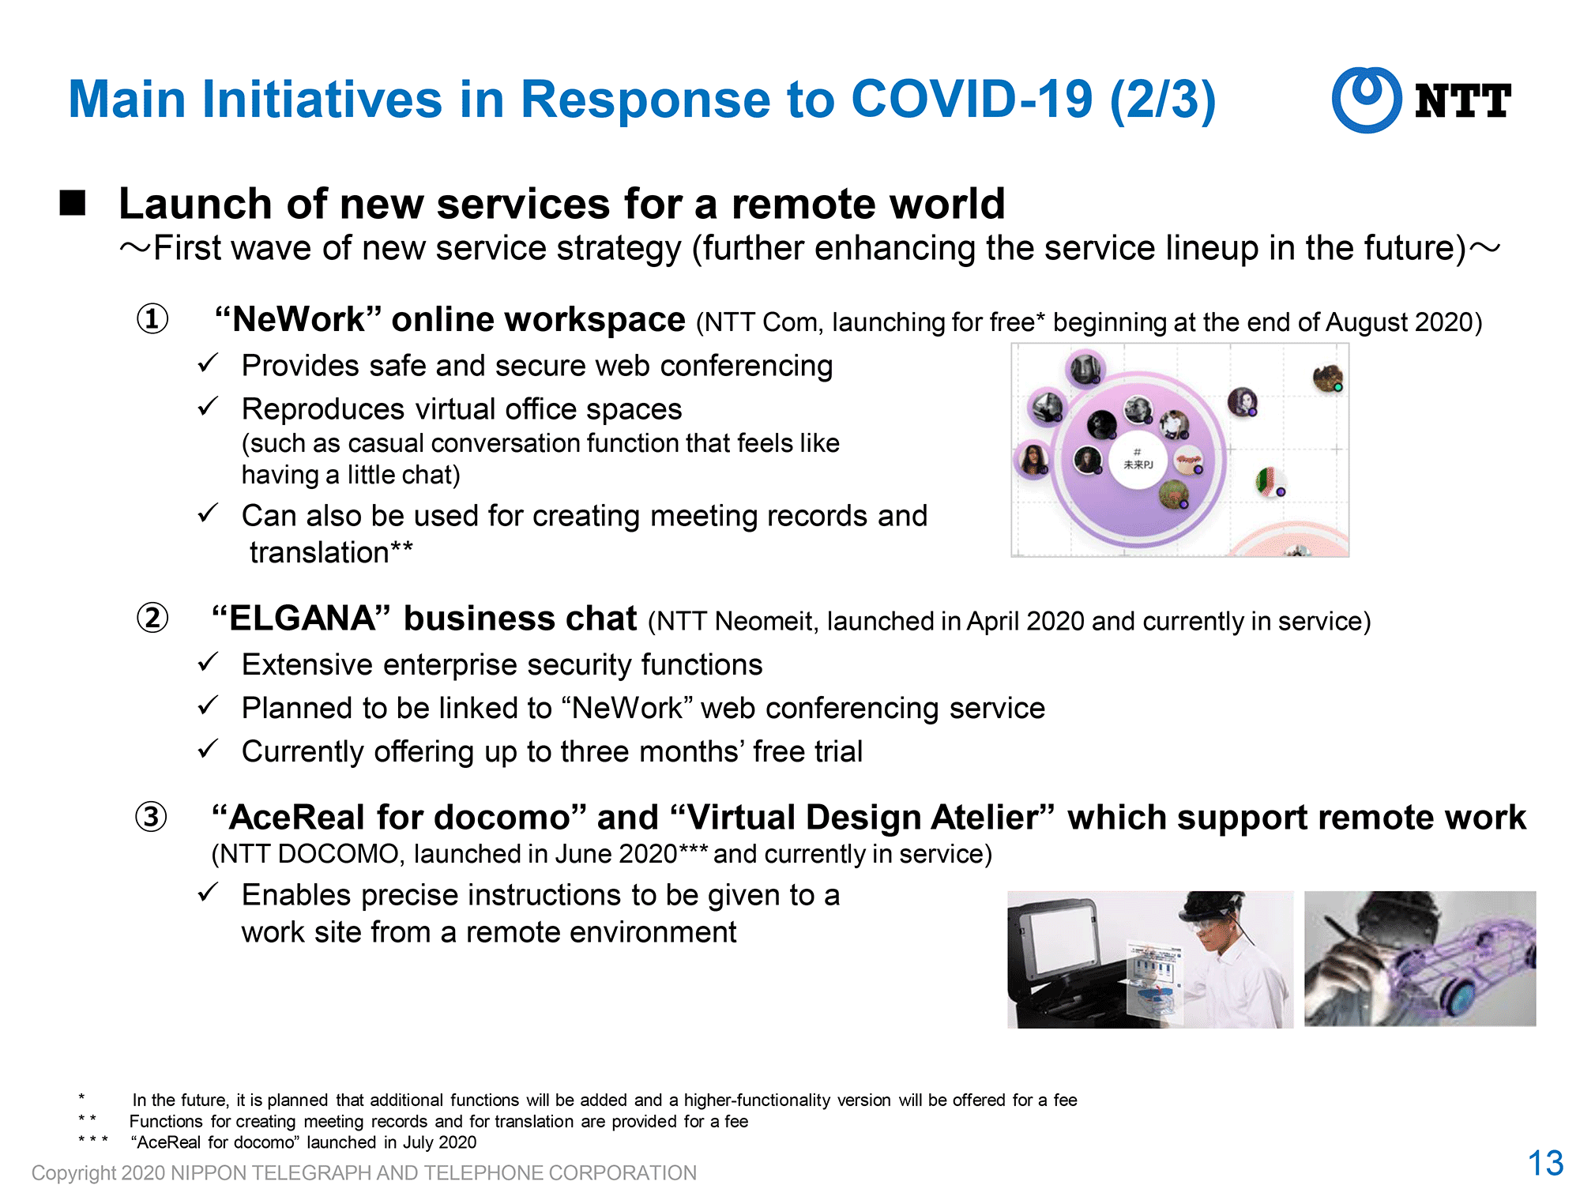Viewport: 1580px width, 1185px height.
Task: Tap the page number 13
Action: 1545,1163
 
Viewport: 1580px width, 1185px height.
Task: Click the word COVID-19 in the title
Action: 972,100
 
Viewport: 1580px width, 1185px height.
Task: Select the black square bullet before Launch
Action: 73,202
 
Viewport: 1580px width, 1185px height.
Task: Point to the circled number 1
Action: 152,319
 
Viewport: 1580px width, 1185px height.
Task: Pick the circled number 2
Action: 152,618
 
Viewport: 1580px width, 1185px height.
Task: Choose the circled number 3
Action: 151,817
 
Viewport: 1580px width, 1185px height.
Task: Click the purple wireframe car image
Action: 1420,959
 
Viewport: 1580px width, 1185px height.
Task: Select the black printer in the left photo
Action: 1066,968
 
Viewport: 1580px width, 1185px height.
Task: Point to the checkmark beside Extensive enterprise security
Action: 208,662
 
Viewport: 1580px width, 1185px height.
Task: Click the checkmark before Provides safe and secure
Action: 208,363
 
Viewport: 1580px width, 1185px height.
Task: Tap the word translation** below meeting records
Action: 331,552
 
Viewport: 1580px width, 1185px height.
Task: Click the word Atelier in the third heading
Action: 993,818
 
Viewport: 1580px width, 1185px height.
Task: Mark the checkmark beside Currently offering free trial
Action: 208,749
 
